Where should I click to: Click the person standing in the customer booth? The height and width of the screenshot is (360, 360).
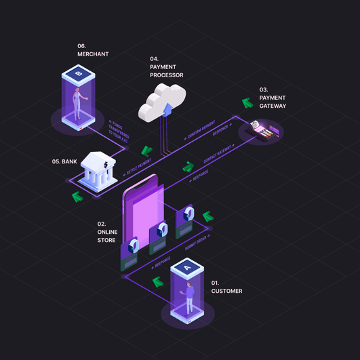tap(190, 298)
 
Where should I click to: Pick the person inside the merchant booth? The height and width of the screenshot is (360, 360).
tap(79, 102)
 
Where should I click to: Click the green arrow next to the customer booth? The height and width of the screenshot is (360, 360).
tap(158, 281)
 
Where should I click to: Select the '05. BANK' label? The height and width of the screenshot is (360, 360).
tap(64, 161)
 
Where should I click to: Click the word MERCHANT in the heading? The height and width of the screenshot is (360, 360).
tap(93, 54)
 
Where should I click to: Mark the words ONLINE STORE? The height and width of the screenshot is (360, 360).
tap(107, 236)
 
